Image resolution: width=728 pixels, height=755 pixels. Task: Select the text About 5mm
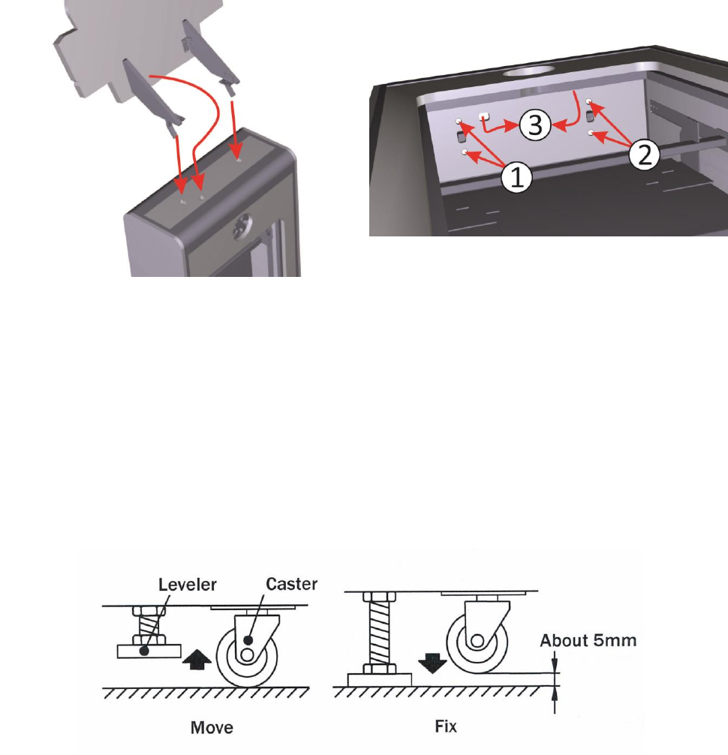(x=588, y=642)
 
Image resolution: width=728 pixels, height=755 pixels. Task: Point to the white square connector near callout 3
(x=484, y=116)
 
